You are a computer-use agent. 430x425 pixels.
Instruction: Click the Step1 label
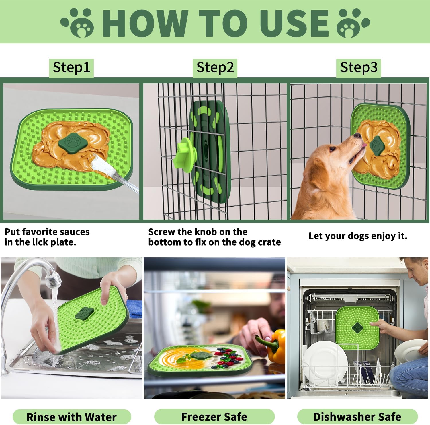pyautogui.click(x=71, y=68)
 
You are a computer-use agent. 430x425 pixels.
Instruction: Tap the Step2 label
pyautogui.click(x=215, y=68)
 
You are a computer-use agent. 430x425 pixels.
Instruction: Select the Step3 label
pyautogui.click(x=358, y=68)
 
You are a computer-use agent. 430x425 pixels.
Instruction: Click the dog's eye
pyautogui.click(x=332, y=149)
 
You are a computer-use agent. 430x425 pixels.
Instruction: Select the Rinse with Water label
pyautogui.click(x=72, y=417)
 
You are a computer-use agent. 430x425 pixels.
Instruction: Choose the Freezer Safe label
pyautogui.click(x=214, y=417)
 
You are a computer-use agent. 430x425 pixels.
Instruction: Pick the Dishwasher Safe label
pyautogui.click(x=357, y=417)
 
